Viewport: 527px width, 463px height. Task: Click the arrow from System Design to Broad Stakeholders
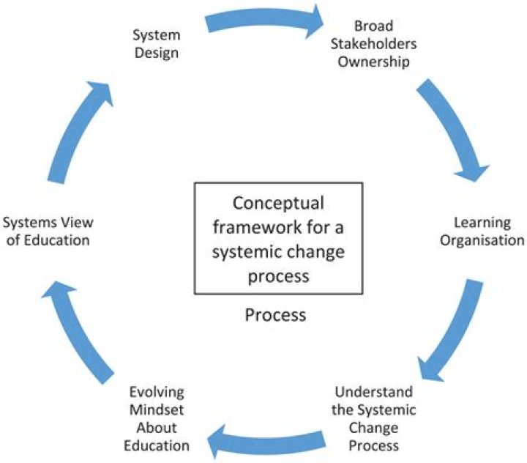tap(263, 21)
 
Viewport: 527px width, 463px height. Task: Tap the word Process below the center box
tap(275, 315)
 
